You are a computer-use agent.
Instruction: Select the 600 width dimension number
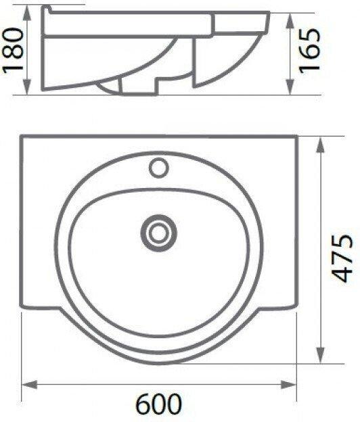tap(158, 404)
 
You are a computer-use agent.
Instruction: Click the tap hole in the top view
tap(160, 166)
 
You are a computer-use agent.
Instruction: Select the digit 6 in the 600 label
tap(143, 404)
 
